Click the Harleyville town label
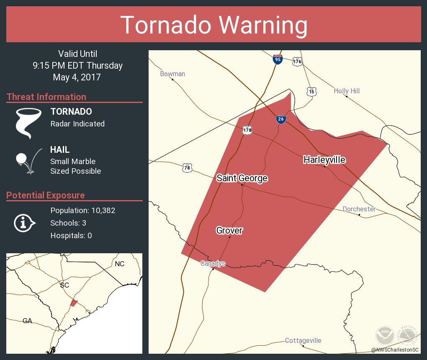(324, 159)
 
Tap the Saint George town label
(242, 178)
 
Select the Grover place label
(229, 230)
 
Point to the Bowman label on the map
(172, 74)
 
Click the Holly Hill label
(347, 91)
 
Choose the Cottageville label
(303, 340)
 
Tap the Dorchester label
(359, 209)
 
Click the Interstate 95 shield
(277, 59)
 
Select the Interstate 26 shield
(281, 119)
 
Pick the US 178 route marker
(247, 130)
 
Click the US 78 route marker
(187, 168)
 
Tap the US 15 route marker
(311, 91)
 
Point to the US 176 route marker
(297, 61)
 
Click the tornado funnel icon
(28, 123)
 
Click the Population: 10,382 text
(82, 210)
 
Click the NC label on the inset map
(120, 264)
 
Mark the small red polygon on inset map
(74, 303)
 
